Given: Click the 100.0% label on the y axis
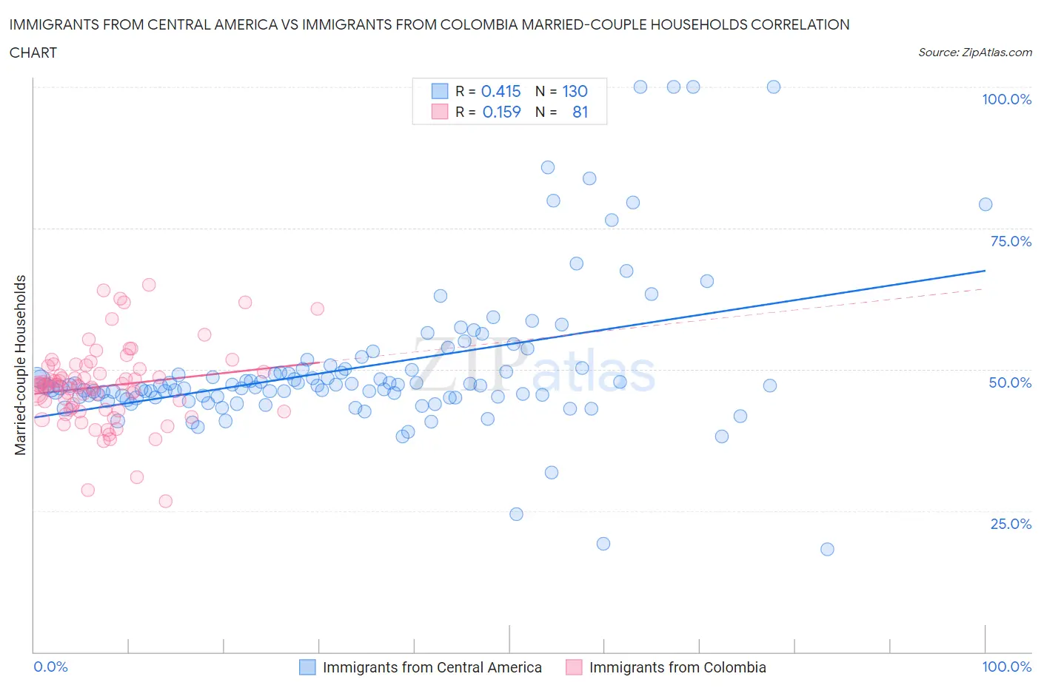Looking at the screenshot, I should point(1006,99).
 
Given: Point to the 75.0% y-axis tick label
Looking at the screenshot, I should point(1011,241).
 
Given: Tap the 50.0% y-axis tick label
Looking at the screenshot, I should point(1010,382).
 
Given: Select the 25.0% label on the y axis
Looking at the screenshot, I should point(1011,524).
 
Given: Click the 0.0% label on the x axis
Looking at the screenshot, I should point(51,667).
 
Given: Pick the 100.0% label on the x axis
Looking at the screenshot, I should point(1006,667).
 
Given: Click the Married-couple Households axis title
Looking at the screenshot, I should point(21,365).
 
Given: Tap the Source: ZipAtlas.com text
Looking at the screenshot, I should point(974,52).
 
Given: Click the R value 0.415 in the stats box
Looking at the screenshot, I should point(501,91).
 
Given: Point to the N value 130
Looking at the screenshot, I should point(575,91).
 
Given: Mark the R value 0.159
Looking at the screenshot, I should point(501,112).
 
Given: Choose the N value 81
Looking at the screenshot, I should point(580,112).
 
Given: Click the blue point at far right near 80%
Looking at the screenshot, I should point(985,204).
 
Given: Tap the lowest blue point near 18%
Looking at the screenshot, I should point(827,549).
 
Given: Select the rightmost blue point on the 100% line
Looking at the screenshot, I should point(774,87).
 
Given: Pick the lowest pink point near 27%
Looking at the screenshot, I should point(166,501).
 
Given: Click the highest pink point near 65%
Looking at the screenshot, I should point(149,285).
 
